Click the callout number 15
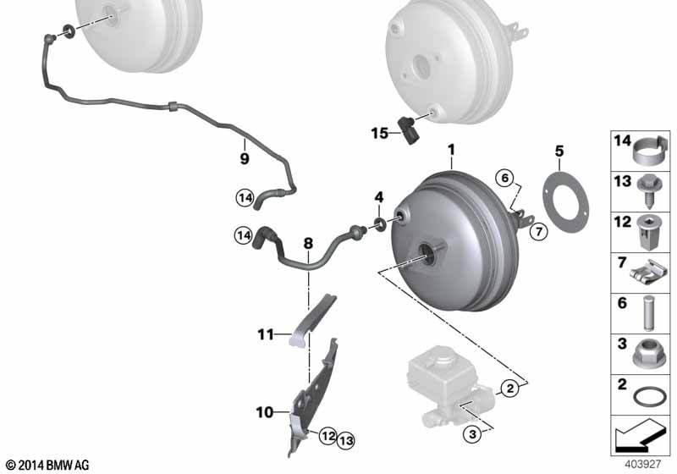tap(379, 133)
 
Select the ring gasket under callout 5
tap(565, 202)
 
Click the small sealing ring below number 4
tap(380, 224)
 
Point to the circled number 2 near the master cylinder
tap(510, 389)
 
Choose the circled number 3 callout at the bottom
tap(472, 433)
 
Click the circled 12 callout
tap(328, 436)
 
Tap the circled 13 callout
tap(346, 440)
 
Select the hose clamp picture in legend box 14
tap(651, 151)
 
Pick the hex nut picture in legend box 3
tap(647, 355)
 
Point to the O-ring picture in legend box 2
tap(650, 397)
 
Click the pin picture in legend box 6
tap(648, 312)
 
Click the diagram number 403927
tap(643, 465)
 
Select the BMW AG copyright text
tap(47, 465)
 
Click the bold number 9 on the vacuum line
tap(245, 158)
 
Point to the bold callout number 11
tap(266, 334)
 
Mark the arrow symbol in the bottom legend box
tap(641, 435)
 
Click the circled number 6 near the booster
tap(505, 179)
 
